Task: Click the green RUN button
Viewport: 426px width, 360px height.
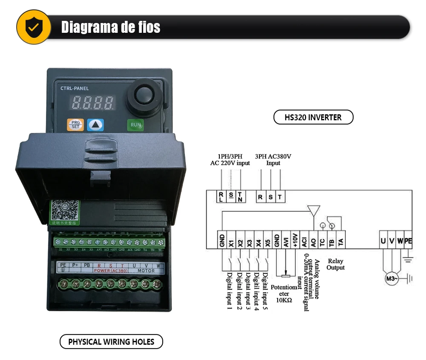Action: click(x=135, y=125)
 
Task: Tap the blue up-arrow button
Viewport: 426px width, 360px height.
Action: click(x=95, y=125)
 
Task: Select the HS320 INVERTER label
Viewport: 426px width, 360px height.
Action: click(x=313, y=117)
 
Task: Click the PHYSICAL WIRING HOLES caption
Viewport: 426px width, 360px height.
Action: click(x=111, y=342)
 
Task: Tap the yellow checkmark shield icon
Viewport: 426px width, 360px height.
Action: click(x=33, y=27)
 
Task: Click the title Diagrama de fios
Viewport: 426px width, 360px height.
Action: click(x=111, y=27)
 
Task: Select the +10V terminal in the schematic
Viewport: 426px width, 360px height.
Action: click(x=295, y=242)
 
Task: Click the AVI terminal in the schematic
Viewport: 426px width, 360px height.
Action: click(x=286, y=242)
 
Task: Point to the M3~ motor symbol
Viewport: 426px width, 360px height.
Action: click(x=391, y=279)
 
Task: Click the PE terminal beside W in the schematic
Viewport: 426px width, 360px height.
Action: click(x=408, y=242)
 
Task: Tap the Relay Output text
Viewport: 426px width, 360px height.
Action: click(x=335, y=264)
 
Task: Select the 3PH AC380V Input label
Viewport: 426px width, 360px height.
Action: click(x=273, y=159)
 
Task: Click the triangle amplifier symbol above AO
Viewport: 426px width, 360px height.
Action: click(x=314, y=210)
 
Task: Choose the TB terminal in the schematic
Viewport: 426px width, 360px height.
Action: click(x=331, y=242)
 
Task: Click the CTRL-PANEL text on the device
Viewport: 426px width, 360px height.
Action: click(x=72, y=88)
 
